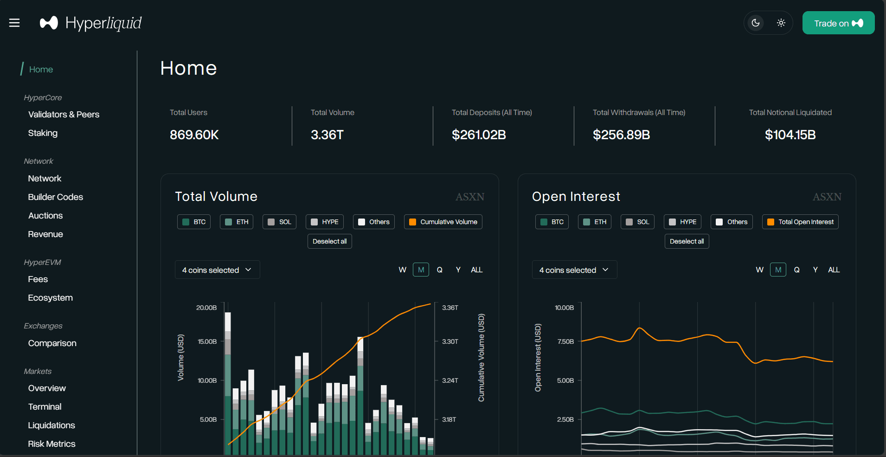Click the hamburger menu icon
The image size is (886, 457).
click(x=14, y=23)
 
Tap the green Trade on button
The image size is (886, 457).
click(x=838, y=23)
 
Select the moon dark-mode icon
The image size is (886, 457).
click(x=756, y=23)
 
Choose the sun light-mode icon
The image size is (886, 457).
click(x=781, y=23)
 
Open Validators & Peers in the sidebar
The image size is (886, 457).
click(x=64, y=115)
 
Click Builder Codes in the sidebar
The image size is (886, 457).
click(x=55, y=197)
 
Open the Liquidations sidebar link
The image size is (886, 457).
click(x=51, y=425)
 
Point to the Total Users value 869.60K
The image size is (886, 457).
click(x=194, y=135)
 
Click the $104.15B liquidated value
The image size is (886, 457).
click(x=790, y=135)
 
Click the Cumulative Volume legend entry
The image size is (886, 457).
click(x=443, y=222)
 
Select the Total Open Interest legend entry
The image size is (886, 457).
click(x=800, y=222)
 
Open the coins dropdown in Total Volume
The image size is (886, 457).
click(x=217, y=270)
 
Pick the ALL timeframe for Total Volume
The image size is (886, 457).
click(x=476, y=270)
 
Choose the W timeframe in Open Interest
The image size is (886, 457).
click(x=759, y=270)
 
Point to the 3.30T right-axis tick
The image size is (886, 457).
click(x=450, y=342)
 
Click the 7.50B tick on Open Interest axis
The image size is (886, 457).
click(x=565, y=342)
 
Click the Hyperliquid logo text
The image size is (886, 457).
click(x=103, y=23)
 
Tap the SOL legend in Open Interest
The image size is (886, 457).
click(x=637, y=222)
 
